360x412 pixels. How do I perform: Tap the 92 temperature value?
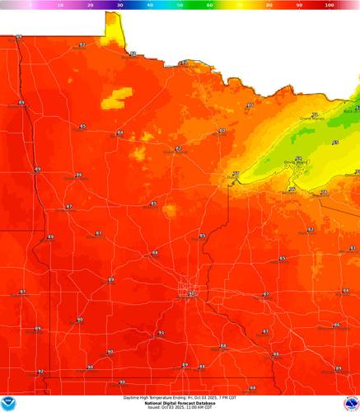click(x=40, y=371)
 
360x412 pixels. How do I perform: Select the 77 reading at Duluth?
click(x=236, y=173)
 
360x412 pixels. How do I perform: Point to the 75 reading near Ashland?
click(x=292, y=189)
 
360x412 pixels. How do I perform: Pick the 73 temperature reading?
click(x=323, y=191)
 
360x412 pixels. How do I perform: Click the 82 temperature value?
click(x=311, y=228)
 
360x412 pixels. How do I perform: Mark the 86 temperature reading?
click(x=337, y=325)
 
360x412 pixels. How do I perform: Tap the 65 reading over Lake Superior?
click(x=334, y=143)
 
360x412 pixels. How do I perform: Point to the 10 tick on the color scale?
click(x=60, y=5)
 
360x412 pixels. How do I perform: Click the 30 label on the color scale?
click(x=120, y=5)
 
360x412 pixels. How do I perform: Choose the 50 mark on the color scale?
click(x=180, y=5)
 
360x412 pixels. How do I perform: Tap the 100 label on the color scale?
click(x=330, y=5)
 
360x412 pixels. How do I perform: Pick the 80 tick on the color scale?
click(x=270, y=5)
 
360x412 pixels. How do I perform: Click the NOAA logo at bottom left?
click(x=9, y=402)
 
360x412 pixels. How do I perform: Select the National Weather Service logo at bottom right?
click(x=349, y=402)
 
